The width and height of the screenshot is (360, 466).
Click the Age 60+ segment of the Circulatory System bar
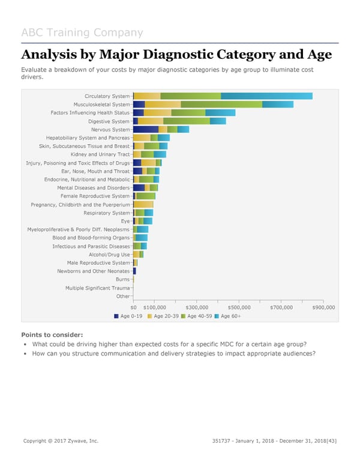click(266, 96)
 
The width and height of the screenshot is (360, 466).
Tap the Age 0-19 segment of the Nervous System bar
click(145, 130)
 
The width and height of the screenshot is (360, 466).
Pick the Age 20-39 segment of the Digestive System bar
click(150, 121)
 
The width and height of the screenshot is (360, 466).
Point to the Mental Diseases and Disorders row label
click(93, 188)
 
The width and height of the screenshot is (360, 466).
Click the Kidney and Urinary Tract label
click(100, 154)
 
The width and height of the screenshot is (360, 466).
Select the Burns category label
click(122, 280)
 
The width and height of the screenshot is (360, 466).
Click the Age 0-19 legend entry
click(128, 316)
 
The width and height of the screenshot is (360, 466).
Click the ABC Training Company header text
click(82, 32)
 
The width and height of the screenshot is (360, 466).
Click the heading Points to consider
click(52, 334)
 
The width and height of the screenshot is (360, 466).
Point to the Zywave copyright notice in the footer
click(60, 441)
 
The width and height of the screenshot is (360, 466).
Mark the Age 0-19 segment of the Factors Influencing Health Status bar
click(138, 113)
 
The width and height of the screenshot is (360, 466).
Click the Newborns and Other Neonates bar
click(134, 271)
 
